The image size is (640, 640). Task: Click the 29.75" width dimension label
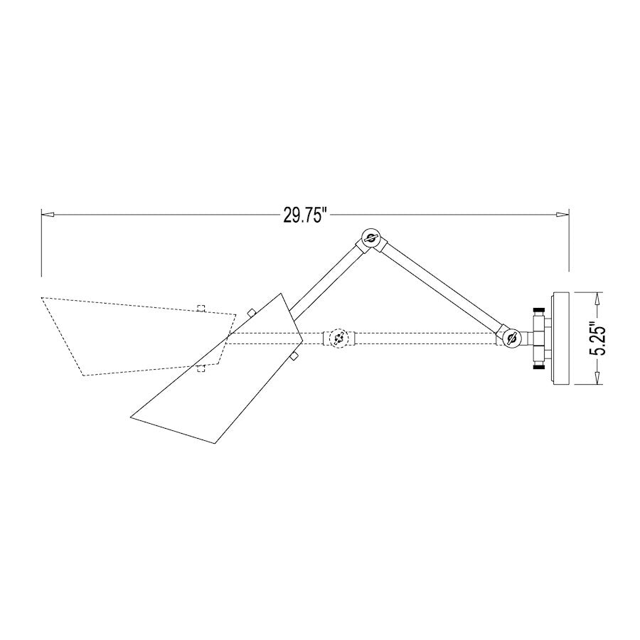(304, 215)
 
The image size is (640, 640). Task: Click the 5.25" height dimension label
(599, 338)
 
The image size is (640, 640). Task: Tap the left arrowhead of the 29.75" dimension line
(47, 213)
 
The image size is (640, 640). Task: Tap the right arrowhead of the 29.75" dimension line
(563, 213)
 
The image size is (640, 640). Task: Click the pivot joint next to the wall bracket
(510, 338)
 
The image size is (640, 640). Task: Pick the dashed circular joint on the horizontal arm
(339, 338)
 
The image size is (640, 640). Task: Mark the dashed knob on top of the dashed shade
(201, 309)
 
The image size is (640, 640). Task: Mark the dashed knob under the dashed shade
(201, 367)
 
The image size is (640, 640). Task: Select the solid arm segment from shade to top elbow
(329, 276)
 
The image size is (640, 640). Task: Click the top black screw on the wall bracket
(538, 310)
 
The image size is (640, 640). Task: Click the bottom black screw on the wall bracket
(538, 366)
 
